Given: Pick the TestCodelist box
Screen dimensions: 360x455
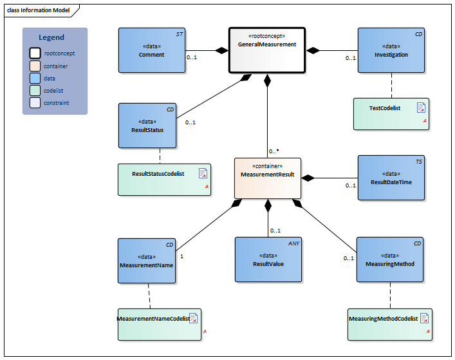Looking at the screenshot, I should point(391,114).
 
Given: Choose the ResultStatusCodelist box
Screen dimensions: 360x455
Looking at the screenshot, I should point(165,179).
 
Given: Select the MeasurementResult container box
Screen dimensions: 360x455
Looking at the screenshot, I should point(267,177).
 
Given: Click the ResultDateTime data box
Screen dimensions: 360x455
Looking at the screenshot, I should point(391,178).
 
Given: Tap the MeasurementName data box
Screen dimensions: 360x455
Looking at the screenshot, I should point(147,260).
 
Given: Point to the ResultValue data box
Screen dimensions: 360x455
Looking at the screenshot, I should point(268,260).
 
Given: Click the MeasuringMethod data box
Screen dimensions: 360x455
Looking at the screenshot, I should point(390,260).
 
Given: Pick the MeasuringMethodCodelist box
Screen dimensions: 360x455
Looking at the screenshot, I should point(390,324).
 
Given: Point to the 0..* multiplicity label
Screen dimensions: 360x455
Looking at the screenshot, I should point(274,151).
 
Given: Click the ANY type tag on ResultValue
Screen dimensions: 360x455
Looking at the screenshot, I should point(293,243).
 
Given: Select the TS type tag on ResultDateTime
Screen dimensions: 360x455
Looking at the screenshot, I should point(418,162).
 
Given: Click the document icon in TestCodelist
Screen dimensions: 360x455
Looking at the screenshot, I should point(421,108).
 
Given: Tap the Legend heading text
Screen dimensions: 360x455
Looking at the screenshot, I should point(51,37).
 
